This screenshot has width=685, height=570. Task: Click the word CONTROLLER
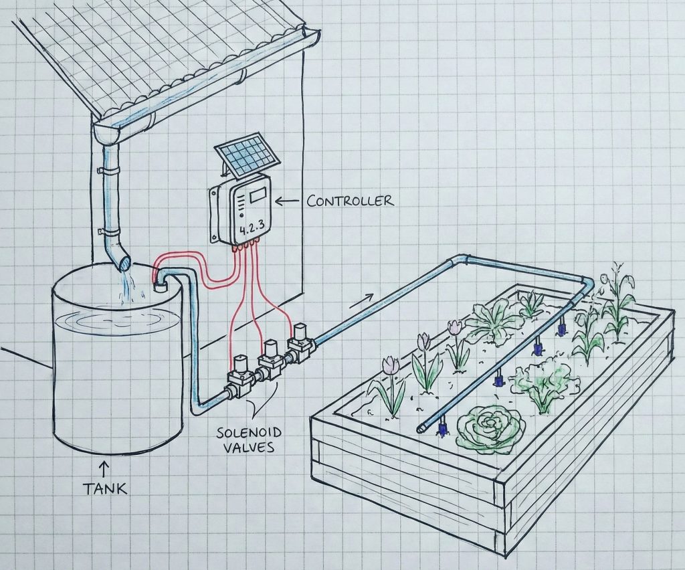[350, 200]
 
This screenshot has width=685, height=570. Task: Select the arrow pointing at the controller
[289, 199]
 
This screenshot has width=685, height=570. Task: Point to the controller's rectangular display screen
[258, 196]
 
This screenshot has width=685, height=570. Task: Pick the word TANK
[105, 488]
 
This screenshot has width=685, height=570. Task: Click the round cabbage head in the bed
[490, 425]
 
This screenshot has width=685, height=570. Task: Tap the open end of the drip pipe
[421, 427]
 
